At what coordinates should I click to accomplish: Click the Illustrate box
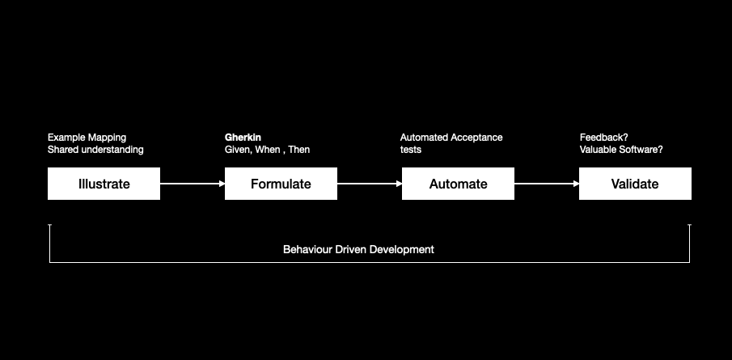pos(104,184)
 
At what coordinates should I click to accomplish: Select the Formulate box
pos(281,184)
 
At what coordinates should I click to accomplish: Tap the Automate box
pos(458,184)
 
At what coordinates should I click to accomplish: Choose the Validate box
pos(635,184)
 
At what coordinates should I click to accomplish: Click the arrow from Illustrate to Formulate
pos(193,184)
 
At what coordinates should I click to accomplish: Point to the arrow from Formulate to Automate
pos(370,184)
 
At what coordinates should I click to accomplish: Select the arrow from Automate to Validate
pos(547,184)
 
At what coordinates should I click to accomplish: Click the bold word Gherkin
pos(243,138)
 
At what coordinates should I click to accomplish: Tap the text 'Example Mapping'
pos(87,138)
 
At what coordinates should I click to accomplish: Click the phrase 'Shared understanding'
pos(95,150)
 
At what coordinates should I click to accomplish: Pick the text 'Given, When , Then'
pos(267,150)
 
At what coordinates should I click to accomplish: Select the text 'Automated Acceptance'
pos(451,138)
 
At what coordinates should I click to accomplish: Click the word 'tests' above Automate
pos(411,150)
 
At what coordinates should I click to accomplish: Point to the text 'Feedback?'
pos(604,138)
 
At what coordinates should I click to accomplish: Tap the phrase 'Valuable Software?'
pos(621,150)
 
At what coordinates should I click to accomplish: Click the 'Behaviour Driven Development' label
pos(358,249)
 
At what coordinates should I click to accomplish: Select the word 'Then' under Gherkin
pos(299,150)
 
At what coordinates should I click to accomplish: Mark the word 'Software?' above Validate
pos(641,150)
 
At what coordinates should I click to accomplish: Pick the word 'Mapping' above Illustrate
pos(108,138)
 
